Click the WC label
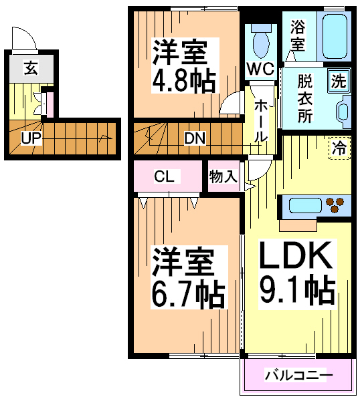tap(260, 68)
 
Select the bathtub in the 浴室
tap(335, 37)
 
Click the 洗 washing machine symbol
tap(339, 81)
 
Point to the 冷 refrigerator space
tap(339, 148)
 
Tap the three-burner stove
tap(335, 205)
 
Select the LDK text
tap(296, 255)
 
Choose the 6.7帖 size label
tap(188, 294)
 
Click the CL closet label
tap(164, 176)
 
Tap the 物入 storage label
tap(223, 176)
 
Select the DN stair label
tap(195, 138)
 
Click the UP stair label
tap(31, 138)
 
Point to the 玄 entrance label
tap(31, 68)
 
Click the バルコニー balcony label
tap(298, 375)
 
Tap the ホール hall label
tap(261, 121)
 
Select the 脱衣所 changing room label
tap(305, 98)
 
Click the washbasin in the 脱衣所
tap(343, 111)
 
